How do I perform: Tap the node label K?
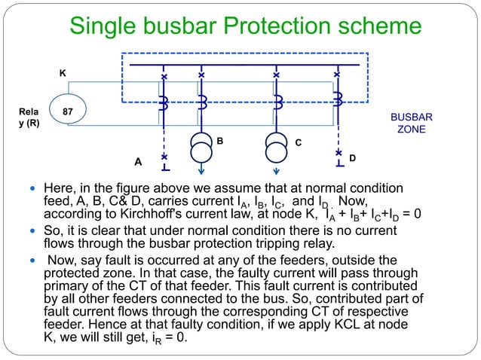63,73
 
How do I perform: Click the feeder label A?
137,161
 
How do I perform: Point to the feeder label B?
220,140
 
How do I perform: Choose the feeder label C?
299,141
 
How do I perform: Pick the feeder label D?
352,159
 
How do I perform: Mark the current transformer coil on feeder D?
337,100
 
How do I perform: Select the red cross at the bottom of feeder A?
164,157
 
